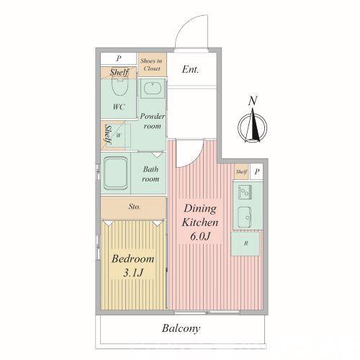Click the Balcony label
181,328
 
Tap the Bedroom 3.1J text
132,266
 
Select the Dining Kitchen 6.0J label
200,222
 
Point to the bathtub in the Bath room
115,174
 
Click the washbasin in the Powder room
152,89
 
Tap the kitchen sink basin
245,217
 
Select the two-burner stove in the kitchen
245,192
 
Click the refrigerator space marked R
246,243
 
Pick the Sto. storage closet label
134,207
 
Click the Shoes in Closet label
152,65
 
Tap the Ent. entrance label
190,69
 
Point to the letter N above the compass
253,101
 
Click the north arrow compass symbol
252,126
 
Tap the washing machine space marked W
118,135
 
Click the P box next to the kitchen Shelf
256,171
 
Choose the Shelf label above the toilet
120,72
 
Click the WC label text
119,107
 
